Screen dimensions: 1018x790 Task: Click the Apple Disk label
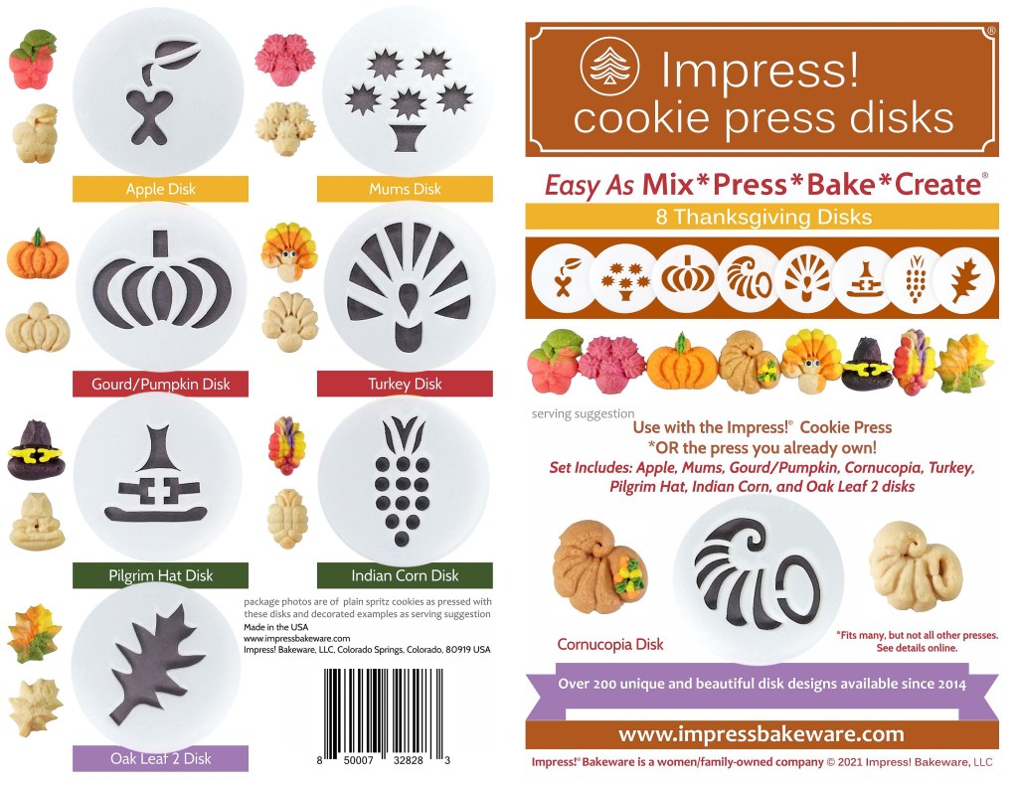[x=160, y=189]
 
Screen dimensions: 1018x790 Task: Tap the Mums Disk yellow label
[x=405, y=189]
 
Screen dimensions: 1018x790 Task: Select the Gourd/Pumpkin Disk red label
[x=160, y=384]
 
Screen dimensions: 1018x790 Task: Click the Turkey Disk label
[x=405, y=384]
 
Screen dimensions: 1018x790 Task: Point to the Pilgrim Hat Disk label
[x=160, y=575]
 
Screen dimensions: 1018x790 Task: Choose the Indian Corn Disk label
[x=405, y=575]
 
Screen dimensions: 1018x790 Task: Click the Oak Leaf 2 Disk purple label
[x=160, y=758]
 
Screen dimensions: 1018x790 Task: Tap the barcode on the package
[x=384, y=711]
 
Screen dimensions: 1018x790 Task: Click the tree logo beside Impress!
[x=609, y=67]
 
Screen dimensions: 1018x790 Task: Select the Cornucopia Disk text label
[x=610, y=644]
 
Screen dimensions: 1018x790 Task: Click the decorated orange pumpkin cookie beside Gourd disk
[x=38, y=254]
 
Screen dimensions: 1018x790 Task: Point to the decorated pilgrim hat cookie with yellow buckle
[x=35, y=450]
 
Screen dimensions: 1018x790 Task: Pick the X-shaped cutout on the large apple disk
[x=151, y=117]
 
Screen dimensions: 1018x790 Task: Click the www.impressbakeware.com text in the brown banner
[x=761, y=734]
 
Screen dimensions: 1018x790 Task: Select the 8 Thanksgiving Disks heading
[x=763, y=217]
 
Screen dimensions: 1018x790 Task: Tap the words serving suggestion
[x=583, y=413]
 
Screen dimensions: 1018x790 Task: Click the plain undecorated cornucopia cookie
[x=916, y=566]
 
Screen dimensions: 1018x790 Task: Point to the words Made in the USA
[x=276, y=627]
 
